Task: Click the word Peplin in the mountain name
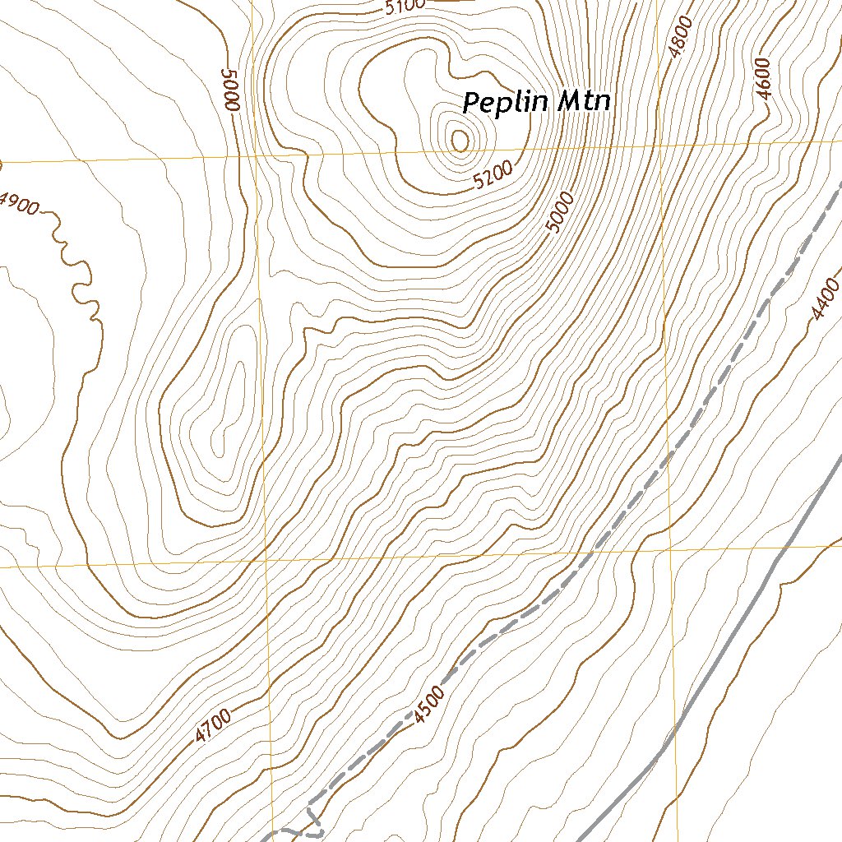(x=506, y=104)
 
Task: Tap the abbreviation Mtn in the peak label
(x=585, y=102)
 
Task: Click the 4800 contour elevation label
(x=682, y=36)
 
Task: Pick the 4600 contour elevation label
(x=765, y=79)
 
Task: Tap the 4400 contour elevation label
(x=825, y=299)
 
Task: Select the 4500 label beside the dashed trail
(x=429, y=705)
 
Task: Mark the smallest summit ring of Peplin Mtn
(x=460, y=141)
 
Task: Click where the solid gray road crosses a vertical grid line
(x=675, y=729)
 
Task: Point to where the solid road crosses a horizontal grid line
(x=791, y=544)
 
